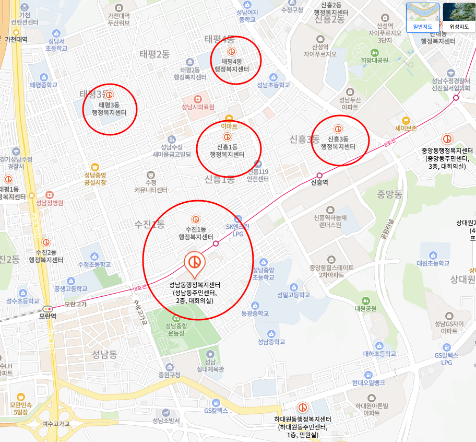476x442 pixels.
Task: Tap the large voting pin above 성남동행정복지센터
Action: click(x=195, y=263)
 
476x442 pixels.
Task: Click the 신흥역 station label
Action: click(x=319, y=182)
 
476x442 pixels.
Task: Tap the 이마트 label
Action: click(x=229, y=126)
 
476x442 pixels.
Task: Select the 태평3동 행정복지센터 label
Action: click(x=109, y=108)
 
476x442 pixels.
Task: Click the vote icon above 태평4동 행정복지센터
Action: click(x=232, y=52)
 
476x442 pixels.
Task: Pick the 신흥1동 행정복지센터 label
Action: click(x=227, y=150)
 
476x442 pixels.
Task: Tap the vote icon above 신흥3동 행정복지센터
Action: click(x=338, y=129)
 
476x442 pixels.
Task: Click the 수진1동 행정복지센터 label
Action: click(x=196, y=233)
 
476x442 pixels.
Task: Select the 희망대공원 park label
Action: click(x=374, y=60)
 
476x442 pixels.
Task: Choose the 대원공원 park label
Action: click(x=365, y=308)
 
